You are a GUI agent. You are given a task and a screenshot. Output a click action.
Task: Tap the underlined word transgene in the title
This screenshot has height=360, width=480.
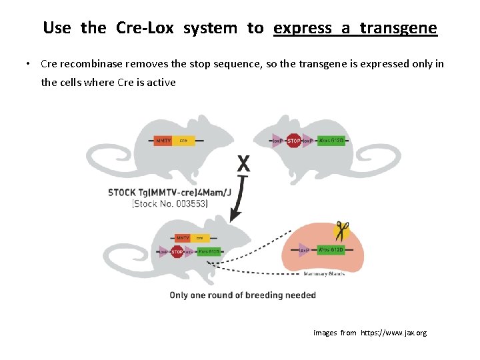click(398, 28)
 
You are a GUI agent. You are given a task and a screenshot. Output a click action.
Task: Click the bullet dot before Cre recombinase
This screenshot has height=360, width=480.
click(29, 65)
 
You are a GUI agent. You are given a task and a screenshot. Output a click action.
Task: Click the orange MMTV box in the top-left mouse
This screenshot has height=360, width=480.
click(163, 141)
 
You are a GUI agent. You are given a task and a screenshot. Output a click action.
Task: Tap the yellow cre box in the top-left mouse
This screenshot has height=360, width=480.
click(184, 141)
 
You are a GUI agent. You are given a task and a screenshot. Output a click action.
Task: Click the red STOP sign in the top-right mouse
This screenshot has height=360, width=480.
click(293, 141)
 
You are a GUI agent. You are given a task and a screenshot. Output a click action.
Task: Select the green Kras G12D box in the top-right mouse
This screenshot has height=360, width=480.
click(331, 141)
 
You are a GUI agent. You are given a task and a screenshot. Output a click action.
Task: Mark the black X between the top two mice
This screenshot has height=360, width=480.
click(244, 163)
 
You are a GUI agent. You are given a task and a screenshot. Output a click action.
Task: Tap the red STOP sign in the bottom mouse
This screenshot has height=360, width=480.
click(177, 252)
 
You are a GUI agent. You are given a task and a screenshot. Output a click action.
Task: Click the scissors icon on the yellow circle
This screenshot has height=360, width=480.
click(342, 231)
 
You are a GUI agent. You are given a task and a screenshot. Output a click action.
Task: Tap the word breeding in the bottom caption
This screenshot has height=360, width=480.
click(263, 295)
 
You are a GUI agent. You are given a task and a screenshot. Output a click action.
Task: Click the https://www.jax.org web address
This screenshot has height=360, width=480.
click(393, 333)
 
